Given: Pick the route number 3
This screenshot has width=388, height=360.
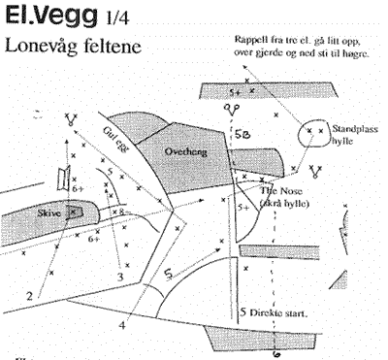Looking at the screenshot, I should (x=119, y=278).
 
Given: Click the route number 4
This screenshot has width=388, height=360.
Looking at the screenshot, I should (x=122, y=325).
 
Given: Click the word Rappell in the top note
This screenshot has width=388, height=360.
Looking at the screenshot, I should (x=254, y=39).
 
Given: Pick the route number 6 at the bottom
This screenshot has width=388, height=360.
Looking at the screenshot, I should (x=277, y=354).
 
